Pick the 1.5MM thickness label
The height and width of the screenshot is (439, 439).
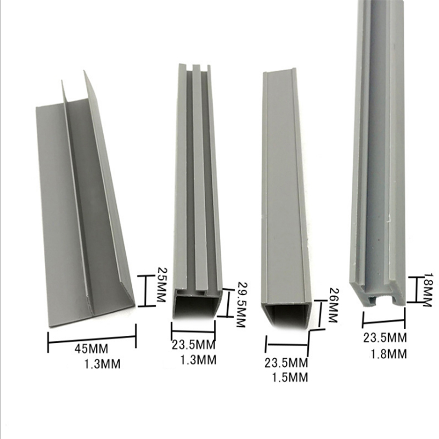pos(290,377)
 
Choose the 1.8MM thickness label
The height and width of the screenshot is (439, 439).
pos(389,354)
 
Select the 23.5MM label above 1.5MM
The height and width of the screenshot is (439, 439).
pos(286,363)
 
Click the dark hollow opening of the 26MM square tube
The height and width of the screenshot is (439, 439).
pos(286,315)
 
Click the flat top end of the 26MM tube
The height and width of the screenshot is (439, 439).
pos(279,72)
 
